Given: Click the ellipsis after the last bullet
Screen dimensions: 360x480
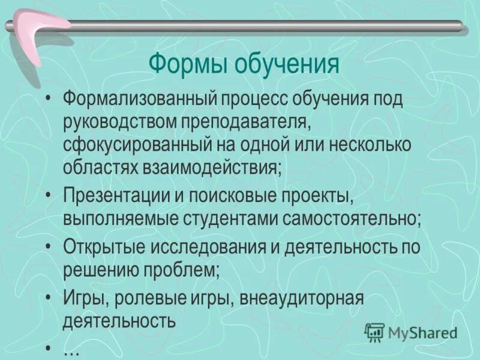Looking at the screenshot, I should pyautogui.click(x=71, y=351).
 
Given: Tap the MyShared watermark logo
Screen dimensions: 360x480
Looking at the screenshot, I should pyautogui.click(x=412, y=332).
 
